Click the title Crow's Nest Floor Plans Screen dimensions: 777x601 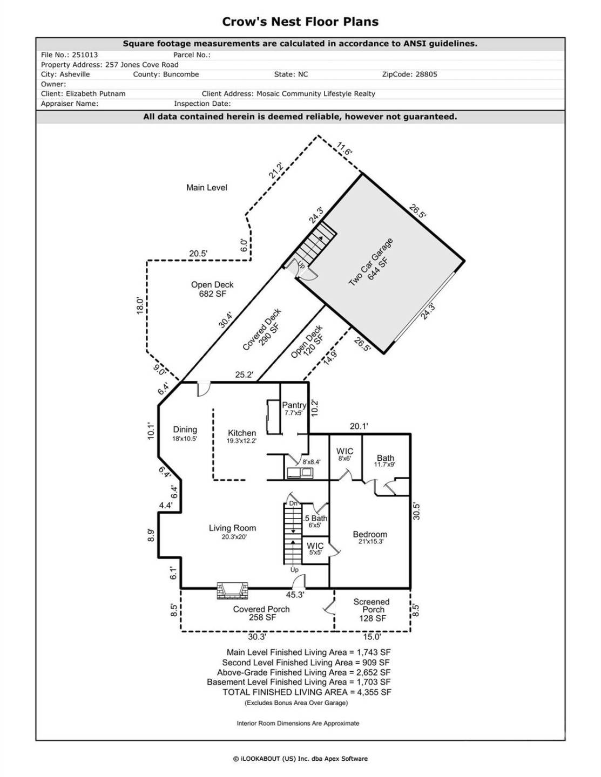pos(300,22)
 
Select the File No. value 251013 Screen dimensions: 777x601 pos(84,55)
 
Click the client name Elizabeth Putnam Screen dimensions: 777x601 pos(96,94)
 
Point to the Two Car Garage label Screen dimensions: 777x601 pos(370,263)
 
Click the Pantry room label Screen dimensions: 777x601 pos(294,405)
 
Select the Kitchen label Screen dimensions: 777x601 pos(241,433)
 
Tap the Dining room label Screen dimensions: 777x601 pos(185,430)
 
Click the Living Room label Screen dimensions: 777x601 pos(232,528)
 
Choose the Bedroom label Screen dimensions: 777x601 pos(370,535)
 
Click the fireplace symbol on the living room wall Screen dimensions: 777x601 pos(233,591)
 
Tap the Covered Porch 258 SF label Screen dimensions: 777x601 pos(261,613)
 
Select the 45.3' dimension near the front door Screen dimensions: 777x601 pos(295,595)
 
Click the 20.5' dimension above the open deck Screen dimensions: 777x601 pos(198,254)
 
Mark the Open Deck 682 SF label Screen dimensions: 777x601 pos(212,289)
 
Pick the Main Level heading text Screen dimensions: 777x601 pos(207,188)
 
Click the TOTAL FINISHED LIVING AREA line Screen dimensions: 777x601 pos(307,692)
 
